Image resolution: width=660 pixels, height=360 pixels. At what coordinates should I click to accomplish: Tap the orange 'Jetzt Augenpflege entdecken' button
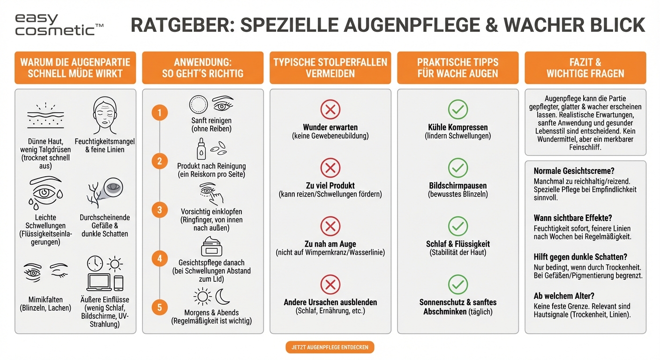pyautogui.click(x=330, y=347)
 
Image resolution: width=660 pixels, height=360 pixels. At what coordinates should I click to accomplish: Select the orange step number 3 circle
pyautogui.click(x=159, y=210)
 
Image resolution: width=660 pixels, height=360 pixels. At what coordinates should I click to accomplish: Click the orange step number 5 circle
pyautogui.click(x=159, y=307)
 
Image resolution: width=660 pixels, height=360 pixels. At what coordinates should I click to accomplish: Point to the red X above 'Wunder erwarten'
pyautogui.click(x=330, y=110)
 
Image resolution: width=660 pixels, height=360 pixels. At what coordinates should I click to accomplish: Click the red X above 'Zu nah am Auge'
pyautogui.click(x=330, y=226)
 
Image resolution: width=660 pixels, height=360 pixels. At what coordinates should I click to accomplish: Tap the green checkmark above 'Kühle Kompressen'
pyautogui.click(x=457, y=110)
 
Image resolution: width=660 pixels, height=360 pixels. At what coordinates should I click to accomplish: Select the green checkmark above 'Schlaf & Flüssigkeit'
pyautogui.click(x=457, y=226)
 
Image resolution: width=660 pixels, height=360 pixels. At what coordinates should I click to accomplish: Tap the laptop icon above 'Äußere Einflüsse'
pyautogui.click(x=99, y=282)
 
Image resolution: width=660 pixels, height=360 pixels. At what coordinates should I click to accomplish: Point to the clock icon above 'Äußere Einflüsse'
pyautogui.click(x=95, y=263)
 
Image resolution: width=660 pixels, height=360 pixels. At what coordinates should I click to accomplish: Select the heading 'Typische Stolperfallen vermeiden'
pyautogui.click(x=330, y=68)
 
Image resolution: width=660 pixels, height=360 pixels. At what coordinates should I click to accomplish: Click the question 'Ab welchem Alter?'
pyautogui.click(x=564, y=296)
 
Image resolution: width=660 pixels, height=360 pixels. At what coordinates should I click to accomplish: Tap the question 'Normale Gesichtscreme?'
pyautogui.click(x=573, y=171)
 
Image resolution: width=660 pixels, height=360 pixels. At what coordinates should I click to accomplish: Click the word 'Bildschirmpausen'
pyautogui.click(x=457, y=185)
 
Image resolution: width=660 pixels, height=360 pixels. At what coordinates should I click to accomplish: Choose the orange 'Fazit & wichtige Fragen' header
pyautogui.click(x=585, y=68)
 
